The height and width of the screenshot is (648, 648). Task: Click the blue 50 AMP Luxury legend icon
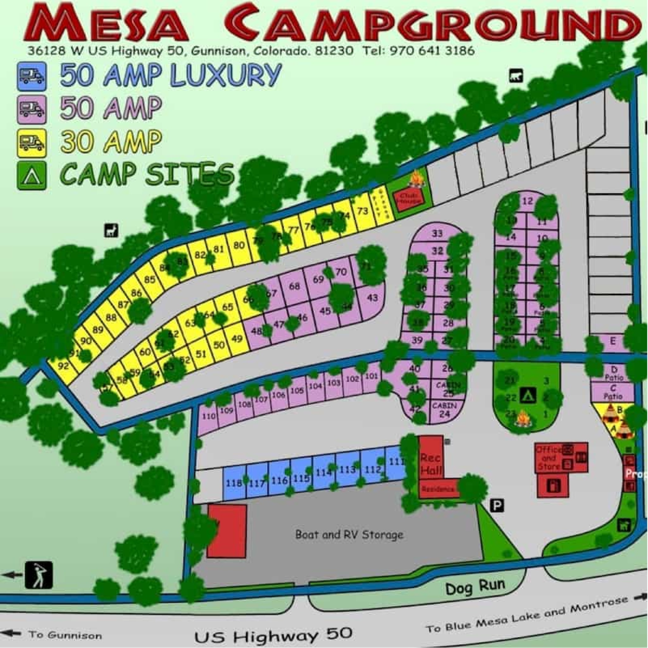[32, 77]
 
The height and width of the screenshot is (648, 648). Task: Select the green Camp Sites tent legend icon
[32, 175]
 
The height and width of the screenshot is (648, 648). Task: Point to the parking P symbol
[497, 505]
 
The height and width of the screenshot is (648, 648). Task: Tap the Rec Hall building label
[431, 464]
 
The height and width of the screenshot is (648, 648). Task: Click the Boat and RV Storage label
[349, 534]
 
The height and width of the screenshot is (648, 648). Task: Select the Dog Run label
[475, 596]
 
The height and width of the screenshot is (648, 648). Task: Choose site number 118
[234, 484]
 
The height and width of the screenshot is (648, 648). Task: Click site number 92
[63, 366]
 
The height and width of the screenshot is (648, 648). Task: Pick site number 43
[372, 297]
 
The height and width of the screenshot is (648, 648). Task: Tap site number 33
[437, 234]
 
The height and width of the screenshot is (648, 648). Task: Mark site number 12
[527, 201]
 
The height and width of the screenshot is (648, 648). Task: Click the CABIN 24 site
[444, 410]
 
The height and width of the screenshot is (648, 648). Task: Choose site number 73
[363, 211]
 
